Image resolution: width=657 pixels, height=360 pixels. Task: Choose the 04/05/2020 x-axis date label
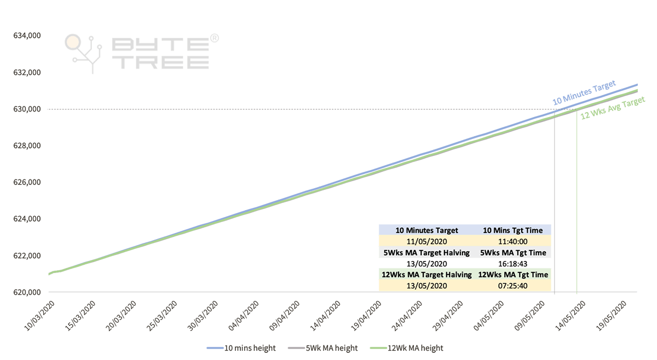[x=492, y=316]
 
